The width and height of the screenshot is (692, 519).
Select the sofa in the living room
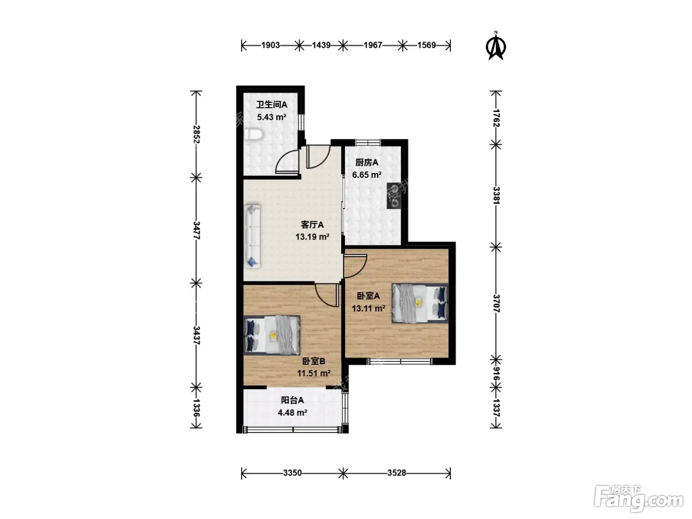(x=253, y=236)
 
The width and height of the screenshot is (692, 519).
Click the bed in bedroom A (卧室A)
(x=420, y=303)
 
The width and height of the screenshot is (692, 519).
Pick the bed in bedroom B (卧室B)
(x=272, y=335)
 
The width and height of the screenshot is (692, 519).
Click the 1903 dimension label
(x=270, y=45)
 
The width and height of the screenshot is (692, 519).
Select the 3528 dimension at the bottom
(x=396, y=473)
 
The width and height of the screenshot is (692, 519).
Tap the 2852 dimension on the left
(x=196, y=134)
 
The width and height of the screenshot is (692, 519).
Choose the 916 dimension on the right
(x=496, y=374)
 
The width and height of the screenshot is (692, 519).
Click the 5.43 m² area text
(x=271, y=117)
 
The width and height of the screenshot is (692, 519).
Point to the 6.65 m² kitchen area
(x=367, y=174)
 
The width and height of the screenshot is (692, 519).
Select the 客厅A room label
(x=312, y=225)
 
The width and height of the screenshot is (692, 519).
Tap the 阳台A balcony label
(x=292, y=400)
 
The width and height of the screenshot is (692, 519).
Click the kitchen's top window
(x=368, y=142)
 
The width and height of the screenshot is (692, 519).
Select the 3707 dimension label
(x=496, y=303)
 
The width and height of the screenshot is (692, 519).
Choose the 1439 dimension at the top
(x=321, y=45)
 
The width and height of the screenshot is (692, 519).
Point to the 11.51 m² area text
(x=314, y=373)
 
